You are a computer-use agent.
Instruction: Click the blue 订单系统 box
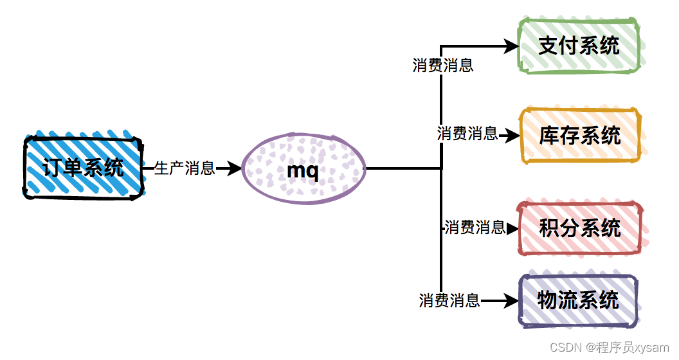[x=84, y=167]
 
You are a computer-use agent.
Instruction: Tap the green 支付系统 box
[x=579, y=46]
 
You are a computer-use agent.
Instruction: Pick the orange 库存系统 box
[x=580, y=135]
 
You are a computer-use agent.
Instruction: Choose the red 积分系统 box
[x=580, y=228]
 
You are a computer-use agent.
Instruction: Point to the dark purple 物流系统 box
[x=577, y=300]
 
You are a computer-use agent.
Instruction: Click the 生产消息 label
[x=185, y=168]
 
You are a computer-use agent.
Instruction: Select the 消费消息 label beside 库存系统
[x=467, y=134]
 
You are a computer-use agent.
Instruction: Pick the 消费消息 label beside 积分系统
[x=475, y=227]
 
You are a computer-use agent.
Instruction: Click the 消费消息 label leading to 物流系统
[x=449, y=300]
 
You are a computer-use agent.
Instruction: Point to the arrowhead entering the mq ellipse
[x=235, y=168]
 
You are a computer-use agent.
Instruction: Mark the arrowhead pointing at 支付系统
[x=512, y=46]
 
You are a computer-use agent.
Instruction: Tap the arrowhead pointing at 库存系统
[x=512, y=136]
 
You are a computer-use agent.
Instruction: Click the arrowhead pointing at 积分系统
[x=512, y=228]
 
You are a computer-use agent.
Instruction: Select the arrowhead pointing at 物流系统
[x=512, y=300]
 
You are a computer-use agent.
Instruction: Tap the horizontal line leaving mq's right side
[x=402, y=168]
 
